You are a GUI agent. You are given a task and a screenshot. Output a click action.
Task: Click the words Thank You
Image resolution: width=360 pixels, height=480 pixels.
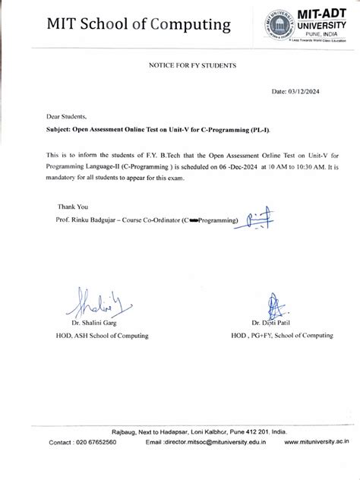(x=73, y=206)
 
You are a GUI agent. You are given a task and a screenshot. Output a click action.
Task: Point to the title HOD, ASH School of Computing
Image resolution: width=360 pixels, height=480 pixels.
(x=106, y=335)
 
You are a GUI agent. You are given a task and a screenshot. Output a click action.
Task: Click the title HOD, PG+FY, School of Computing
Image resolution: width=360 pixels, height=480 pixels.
(x=282, y=335)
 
